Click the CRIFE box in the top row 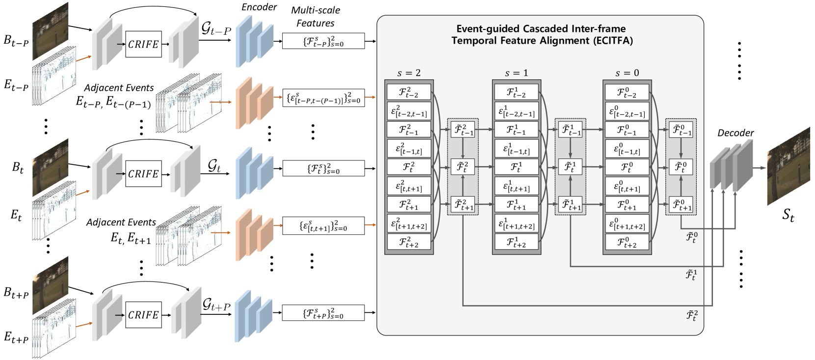coord(143,44)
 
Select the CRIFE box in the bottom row coord(143,315)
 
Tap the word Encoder coord(259,7)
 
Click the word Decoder coord(735,133)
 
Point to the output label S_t coord(788,215)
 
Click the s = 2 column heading coord(409,73)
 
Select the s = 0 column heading coord(627,73)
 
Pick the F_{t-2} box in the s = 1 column coord(516,92)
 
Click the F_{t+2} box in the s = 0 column coord(627,242)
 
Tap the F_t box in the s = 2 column coord(408,167)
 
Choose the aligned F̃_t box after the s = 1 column coord(570,167)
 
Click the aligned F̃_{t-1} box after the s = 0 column coord(681,130)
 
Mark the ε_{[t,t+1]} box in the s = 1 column coord(516,186)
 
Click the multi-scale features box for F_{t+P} coord(323,313)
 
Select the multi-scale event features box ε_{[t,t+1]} coord(323,226)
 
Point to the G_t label coord(214,165)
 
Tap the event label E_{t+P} coord(16,337)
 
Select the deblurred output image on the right coord(788,166)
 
